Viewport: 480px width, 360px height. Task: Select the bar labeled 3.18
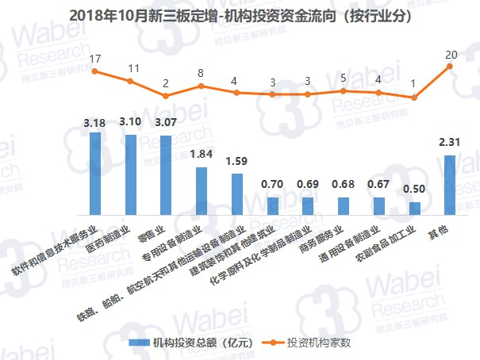[x=94, y=174]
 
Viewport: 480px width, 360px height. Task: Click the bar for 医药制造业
[x=130, y=174]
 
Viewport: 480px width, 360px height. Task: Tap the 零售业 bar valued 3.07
[x=166, y=175]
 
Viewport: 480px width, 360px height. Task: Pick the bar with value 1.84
[x=202, y=191]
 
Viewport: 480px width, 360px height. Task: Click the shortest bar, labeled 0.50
[x=414, y=209]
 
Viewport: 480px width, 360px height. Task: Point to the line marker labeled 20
[x=451, y=67]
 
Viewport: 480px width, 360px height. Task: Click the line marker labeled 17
[x=94, y=71]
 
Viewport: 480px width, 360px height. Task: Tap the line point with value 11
[x=130, y=81]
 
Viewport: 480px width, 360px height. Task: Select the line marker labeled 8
[x=202, y=86]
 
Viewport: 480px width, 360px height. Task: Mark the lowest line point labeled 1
[x=414, y=97]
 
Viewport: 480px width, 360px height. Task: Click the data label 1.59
[x=237, y=162]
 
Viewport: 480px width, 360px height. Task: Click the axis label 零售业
[x=159, y=231]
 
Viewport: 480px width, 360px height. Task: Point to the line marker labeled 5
[x=343, y=91]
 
